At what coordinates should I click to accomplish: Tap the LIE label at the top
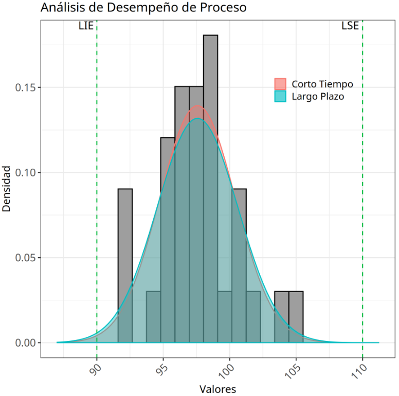pyautogui.click(x=86, y=26)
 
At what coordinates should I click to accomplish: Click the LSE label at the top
pyautogui.click(x=350, y=26)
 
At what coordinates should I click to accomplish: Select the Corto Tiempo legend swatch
pyautogui.click(x=280, y=84)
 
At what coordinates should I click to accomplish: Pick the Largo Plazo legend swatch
pyautogui.click(x=280, y=96)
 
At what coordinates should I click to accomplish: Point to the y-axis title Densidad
pyautogui.click(x=7, y=188)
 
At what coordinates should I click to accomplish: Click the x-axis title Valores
pyautogui.click(x=217, y=389)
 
